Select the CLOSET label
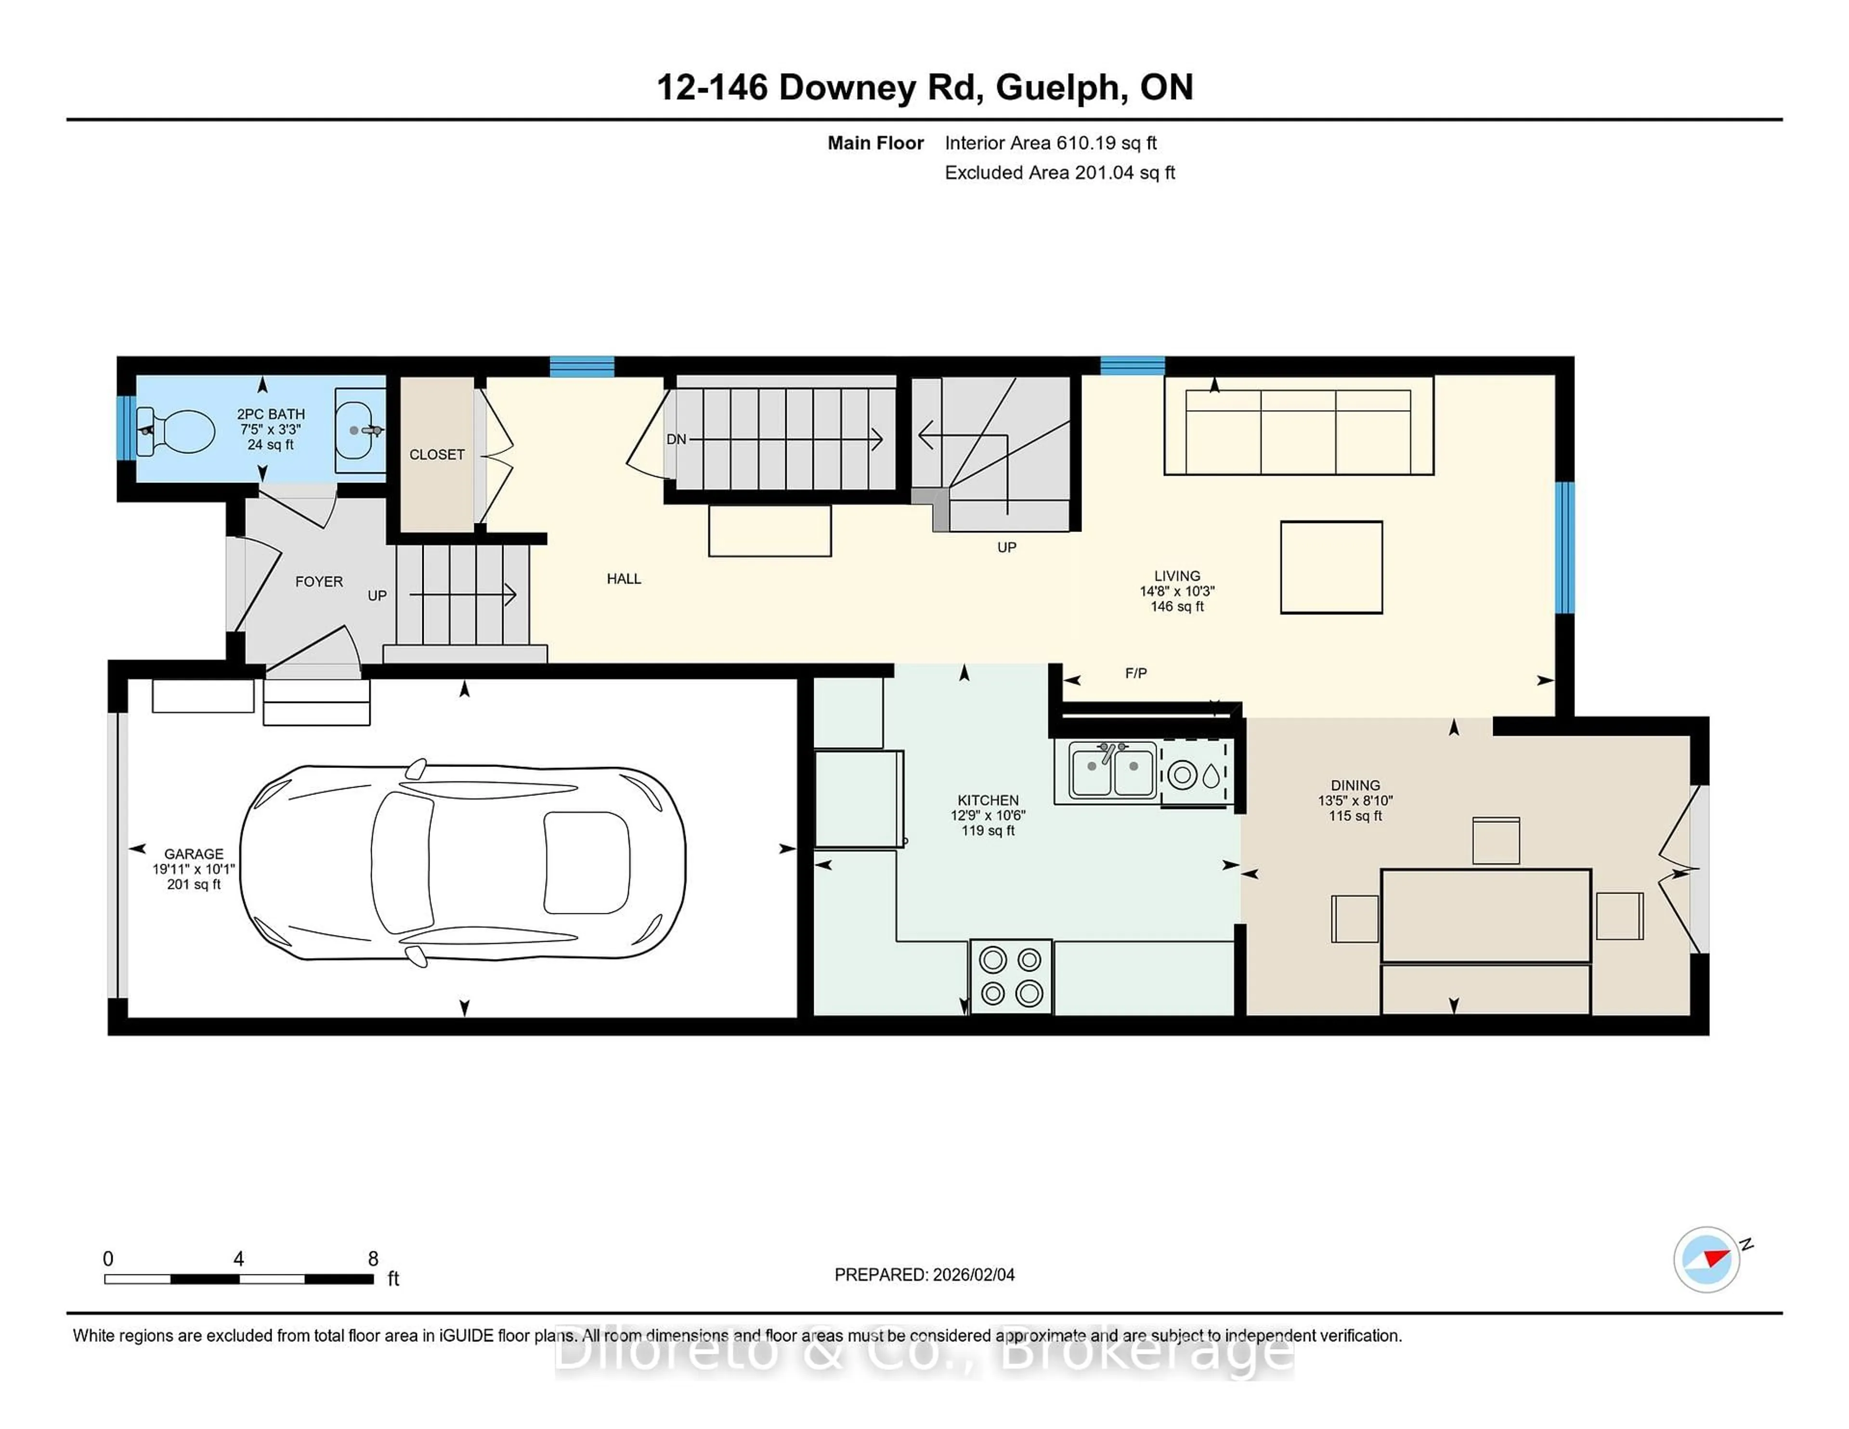pyautogui.click(x=437, y=455)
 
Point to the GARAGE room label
pyautogui.click(x=194, y=854)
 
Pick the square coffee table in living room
pyautogui.click(x=1331, y=567)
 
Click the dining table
pyautogui.click(x=1486, y=915)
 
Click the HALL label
pyautogui.click(x=624, y=579)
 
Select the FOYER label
pyautogui.click(x=319, y=582)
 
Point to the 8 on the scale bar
pyautogui.click(x=373, y=1259)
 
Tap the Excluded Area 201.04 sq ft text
pyautogui.click(x=1059, y=173)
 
